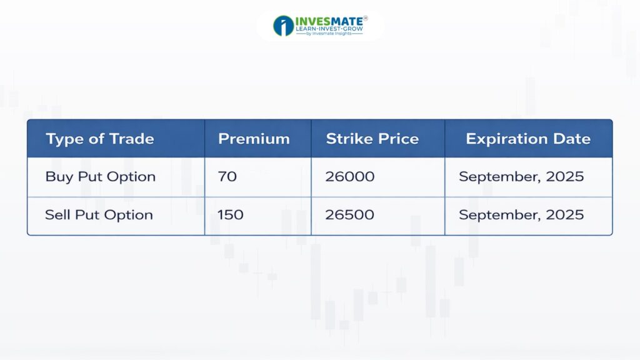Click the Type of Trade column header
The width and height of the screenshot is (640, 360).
(x=100, y=139)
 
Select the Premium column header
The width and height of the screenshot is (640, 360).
(x=254, y=139)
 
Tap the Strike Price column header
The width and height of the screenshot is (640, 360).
(x=372, y=139)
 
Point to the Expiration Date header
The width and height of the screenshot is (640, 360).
(x=528, y=139)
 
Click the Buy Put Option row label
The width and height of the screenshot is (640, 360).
(x=101, y=177)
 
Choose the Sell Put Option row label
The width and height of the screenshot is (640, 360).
(x=99, y=215)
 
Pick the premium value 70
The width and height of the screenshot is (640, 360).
(x=227, y=176)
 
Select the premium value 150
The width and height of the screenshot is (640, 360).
(x=230, y=215)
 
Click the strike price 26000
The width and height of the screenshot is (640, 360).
(x=350, y=176)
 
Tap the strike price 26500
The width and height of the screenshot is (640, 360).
(x=350, y=215)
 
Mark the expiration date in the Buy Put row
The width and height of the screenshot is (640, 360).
(x=521, y=177)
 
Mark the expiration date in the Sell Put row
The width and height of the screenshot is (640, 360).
(x=521, y=215)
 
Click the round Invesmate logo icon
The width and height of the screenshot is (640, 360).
(x=284, y=26)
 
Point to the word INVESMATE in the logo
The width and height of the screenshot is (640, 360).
(x=329, y=21)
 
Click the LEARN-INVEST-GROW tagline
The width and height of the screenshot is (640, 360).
(x=329, y=29)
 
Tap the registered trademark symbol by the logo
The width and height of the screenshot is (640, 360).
(x=365, y=18)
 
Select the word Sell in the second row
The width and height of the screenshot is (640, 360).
(x=57, y=215)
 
